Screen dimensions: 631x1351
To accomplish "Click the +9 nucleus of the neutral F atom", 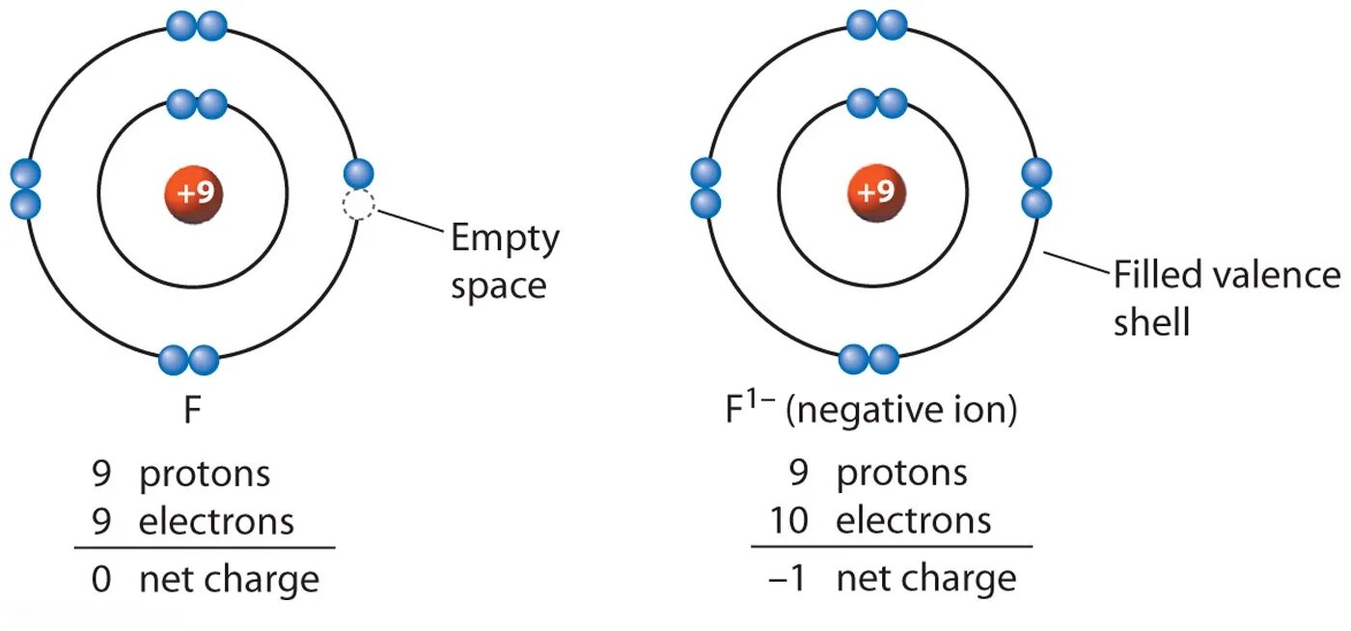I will click(x=193, y=193).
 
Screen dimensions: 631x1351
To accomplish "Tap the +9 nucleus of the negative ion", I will click(x=877, y=193).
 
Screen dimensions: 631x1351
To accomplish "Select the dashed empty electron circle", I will click(x=358, y=205).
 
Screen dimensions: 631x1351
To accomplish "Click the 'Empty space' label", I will click(x=504, y=261).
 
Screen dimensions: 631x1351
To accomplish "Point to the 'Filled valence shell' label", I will click(x=1226, y=298).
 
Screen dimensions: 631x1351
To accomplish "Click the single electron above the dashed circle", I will click(x=358, y=174).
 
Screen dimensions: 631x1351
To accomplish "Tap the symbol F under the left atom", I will click(x=193, y=412).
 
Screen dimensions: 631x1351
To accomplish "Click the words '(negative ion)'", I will click(x=901, y=412).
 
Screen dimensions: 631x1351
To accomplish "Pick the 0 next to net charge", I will click(x=101, y=579).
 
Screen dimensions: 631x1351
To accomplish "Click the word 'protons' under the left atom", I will click(x=205, y=474).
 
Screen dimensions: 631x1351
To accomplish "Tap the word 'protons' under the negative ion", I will click(x=901, y=474).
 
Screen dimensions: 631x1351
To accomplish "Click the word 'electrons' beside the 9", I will click(x=216, y=521).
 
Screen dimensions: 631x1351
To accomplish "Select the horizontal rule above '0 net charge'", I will click(x=205, y=548).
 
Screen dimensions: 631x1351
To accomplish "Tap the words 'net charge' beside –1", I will click(x=925, y=579).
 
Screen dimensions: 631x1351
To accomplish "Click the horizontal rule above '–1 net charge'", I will click(x=891, y=547).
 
